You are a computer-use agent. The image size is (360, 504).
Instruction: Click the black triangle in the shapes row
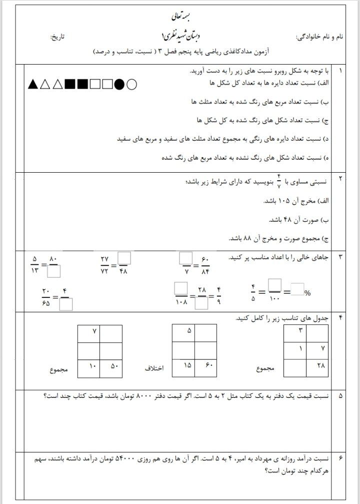(33, 84)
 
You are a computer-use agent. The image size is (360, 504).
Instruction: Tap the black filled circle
(119, 84)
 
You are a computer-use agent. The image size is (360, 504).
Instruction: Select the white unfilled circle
(131, 84)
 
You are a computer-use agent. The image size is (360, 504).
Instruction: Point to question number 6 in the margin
(340, 458)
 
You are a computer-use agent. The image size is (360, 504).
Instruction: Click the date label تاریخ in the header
(59, 38)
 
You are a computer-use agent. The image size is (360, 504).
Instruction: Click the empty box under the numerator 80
(54, 271)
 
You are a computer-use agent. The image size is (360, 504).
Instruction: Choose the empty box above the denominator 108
(180, 289)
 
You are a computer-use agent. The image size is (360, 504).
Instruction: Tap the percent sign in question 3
(307, 293)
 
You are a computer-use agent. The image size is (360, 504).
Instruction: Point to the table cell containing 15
(183, 367)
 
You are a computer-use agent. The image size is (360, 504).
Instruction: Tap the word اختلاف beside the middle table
(154, 369)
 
